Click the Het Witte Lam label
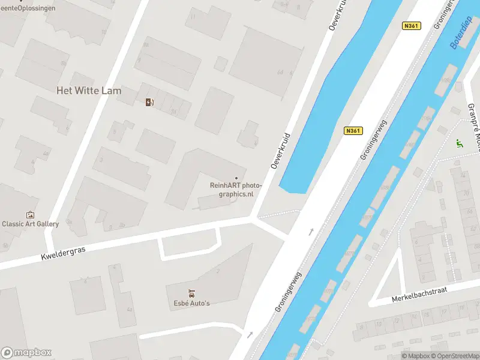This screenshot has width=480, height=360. coord(89,91)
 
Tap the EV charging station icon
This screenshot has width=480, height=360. coord(149,102)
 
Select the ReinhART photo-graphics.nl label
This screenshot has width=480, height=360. coord(236,190)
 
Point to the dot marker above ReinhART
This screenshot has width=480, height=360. coord(236,178)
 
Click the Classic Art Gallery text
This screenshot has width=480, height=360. coord(31,224)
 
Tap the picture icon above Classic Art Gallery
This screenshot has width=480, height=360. coord(30,214)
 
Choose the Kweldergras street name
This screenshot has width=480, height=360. coord(63,251)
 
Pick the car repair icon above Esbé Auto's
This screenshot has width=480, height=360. coord(191,293)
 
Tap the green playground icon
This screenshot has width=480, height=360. coord(459,143)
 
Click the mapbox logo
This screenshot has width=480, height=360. coord(26,352)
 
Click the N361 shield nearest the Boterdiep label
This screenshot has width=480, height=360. coord(411,26)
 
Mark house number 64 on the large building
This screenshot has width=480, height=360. coord(280,72)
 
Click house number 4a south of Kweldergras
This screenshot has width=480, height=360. coord(130,310)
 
